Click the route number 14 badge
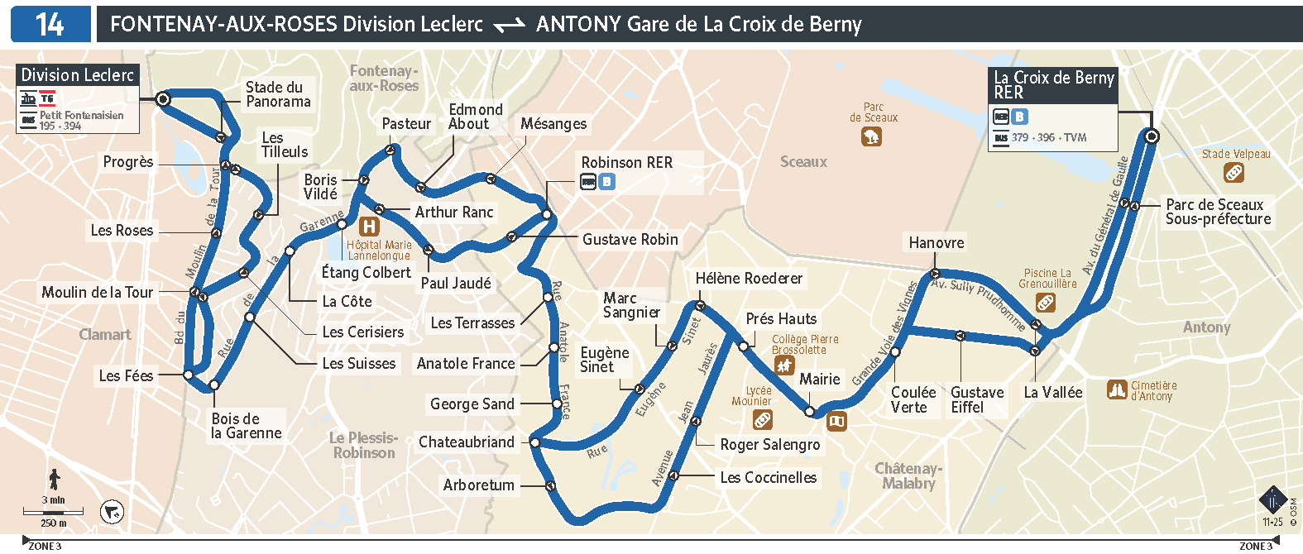(x=50, y=24)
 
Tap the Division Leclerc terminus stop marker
(x=164, y=99)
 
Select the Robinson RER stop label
(x=626, y=163)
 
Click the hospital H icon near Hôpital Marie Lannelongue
(x=369, y=226)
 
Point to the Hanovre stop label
(x=936, y=242)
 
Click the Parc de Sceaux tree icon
(x=871, y=136)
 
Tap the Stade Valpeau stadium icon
(x=1234, y=173)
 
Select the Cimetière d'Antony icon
(x=1117, y=389)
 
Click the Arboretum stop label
(x=478, y=485)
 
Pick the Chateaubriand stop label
(x=466, y=442)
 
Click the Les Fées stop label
(x=126, y=375)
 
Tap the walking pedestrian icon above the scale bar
(x=55, y=479)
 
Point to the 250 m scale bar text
(x=54, y=523)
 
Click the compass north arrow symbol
(x=112, y=513)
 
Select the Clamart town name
(x=104, y=334)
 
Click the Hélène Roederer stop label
(x=749, y=279)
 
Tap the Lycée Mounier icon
(x=763, y=420)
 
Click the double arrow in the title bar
(x=509, y=26)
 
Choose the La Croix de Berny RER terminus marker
(x=1151, y=136)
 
